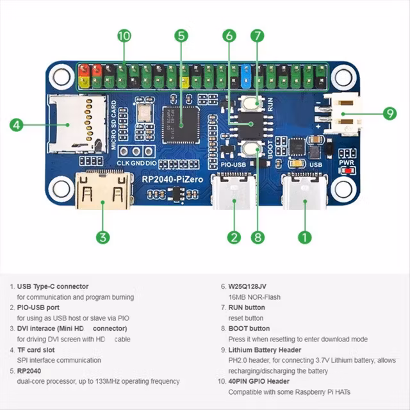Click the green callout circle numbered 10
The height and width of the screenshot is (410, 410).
pos(124,36)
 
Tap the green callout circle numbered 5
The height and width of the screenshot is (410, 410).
pos(182,36)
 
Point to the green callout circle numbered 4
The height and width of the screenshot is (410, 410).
pos(17,124)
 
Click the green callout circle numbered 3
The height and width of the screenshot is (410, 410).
pos(102,237)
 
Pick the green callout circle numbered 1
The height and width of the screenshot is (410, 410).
pos(306,237)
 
